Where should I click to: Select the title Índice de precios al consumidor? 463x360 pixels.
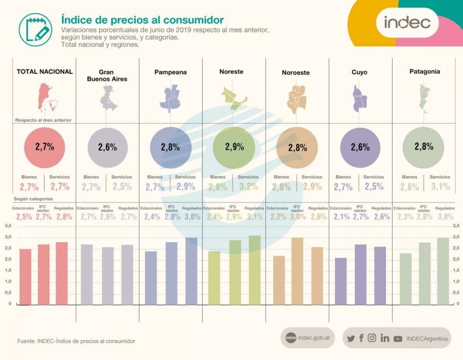pos(143,20)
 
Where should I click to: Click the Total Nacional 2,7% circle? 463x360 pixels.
pos(45,147)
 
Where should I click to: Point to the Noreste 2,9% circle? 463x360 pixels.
pos(234,147)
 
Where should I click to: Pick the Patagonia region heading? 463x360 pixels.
pos(424,71)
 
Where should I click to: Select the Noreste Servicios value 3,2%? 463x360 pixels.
pos(248,187)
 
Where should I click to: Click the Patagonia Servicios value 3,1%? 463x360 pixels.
pos(440,187)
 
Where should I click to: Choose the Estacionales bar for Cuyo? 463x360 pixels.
pos(341,280)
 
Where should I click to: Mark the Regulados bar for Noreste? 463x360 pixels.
pos(254,269)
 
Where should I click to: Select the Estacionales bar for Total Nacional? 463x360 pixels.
pos(25,276)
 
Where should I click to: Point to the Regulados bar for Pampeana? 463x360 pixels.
pos(191,271)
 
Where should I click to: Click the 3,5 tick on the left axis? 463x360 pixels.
pos(8,226)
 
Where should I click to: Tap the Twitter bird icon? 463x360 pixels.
pos(351,338)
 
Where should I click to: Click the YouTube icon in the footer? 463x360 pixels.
pos(398,338)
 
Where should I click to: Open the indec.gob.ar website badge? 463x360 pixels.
pos(308,338)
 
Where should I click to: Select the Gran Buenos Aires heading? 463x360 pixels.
pos(107,76)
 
